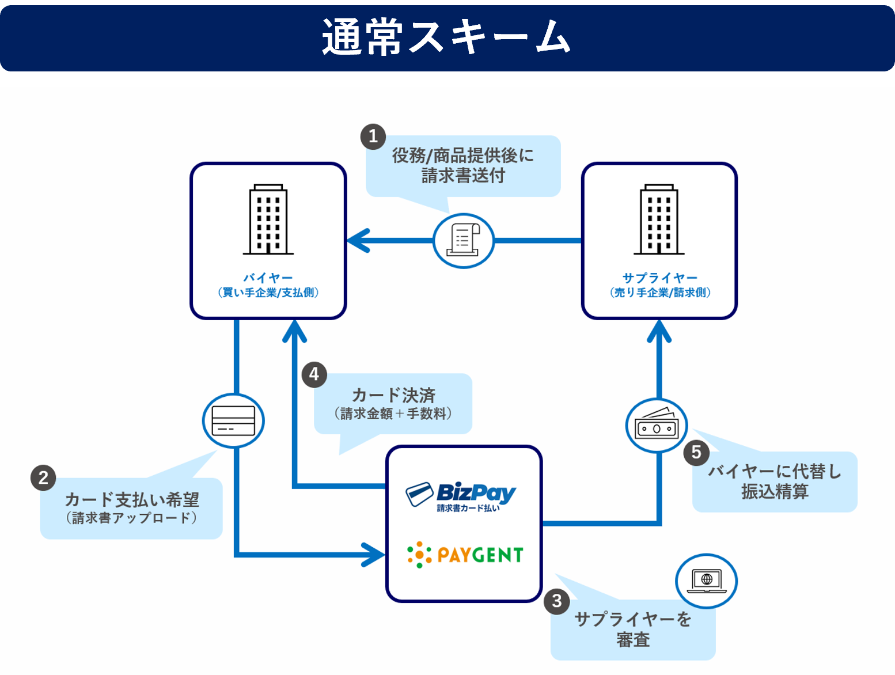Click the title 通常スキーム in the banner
click(446, 37)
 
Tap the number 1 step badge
click(373, 136)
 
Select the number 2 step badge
click(43, 478)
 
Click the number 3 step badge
click(556, 601)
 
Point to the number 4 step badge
click(314, 375)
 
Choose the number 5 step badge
click(696, 453)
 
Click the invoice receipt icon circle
click(464, 241)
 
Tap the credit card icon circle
click(233, 421)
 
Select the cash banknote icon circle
click(657, 426)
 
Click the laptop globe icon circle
click(707, 581)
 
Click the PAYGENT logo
click(465, 555)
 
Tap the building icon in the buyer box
click(268, 220)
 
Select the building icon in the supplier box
click(659, 220)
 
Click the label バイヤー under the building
click(268, 278)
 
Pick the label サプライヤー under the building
click(660, 278)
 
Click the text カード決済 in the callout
click(393, 396)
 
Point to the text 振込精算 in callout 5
click(775, 492)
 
